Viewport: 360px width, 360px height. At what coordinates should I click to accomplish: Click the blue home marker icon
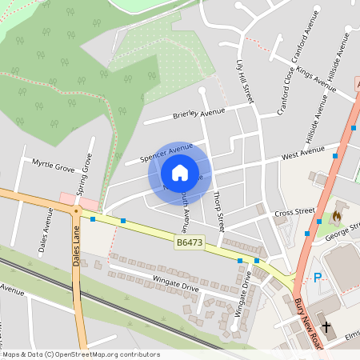[x=179, y=173]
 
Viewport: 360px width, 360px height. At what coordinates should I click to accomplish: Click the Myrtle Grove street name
[x=53, y=166]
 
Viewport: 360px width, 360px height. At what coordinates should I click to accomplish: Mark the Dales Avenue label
[x=46, y=230]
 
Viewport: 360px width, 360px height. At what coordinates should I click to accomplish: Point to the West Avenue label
[x=302, y=150]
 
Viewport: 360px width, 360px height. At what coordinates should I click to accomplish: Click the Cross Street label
[x=295, y=214]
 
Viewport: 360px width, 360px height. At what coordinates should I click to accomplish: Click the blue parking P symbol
[x=318, y=278]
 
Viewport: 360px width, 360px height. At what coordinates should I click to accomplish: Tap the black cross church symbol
[x=326, y=326]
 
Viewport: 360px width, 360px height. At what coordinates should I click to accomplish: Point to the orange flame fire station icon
[x=336, y=215]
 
